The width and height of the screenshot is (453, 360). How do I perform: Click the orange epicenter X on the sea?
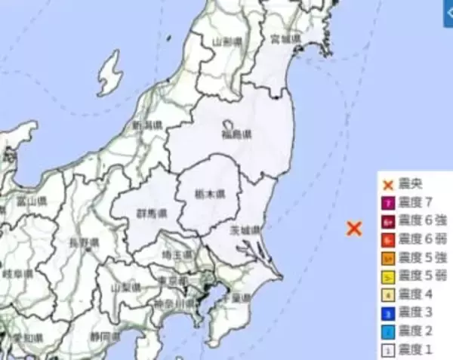pos(354,228)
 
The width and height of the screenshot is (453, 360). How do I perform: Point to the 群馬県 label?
pos(148,212)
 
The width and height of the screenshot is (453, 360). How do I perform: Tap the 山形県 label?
pos(226,42)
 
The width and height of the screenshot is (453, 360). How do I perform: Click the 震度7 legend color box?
pos(387,202)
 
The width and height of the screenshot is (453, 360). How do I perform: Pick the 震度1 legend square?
pos(387,350)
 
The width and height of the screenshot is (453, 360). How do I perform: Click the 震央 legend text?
pos(411,185)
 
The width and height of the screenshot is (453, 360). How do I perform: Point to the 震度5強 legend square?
pos(387,258)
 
